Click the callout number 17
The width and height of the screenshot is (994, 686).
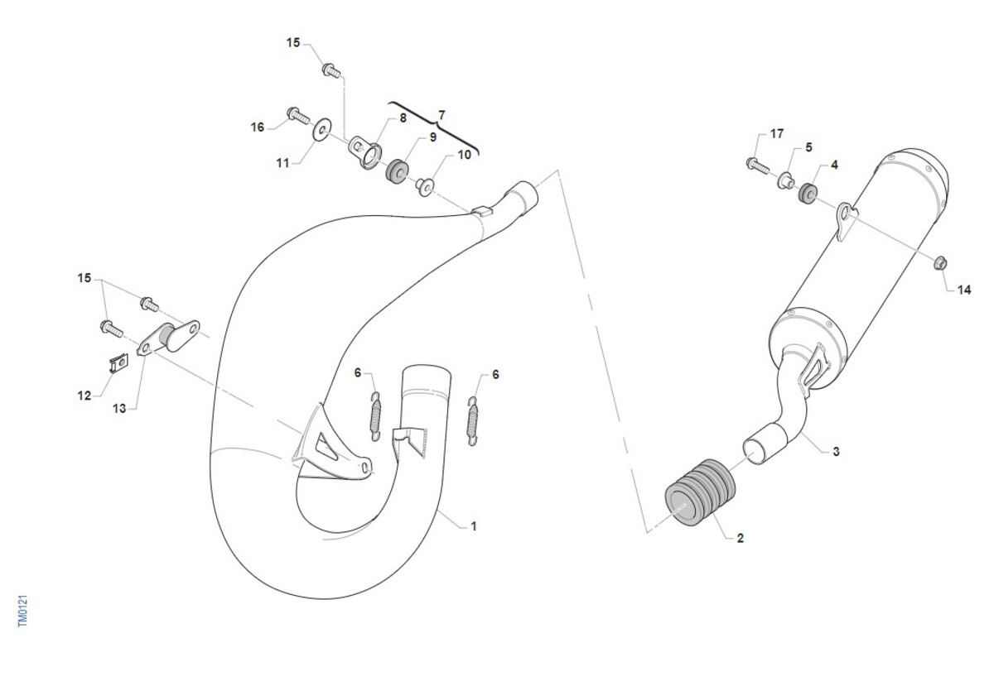(777, 133)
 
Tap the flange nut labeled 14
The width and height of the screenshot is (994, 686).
(940, 263)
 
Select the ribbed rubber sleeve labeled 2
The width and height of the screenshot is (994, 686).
(700, 492)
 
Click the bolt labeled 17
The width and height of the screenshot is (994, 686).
(757, 166)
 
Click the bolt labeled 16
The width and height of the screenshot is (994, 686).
(298, 115)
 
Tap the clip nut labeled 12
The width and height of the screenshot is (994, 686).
(118, 363)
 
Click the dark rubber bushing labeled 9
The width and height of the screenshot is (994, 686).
(397, 170)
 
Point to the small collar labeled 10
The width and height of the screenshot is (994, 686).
(425, 187)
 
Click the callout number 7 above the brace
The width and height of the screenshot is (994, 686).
(441, 115)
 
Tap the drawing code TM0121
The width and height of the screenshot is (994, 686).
(23, 611)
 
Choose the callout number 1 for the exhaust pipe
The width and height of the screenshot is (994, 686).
(474, 526)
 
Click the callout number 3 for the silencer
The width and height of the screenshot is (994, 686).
(836, 452)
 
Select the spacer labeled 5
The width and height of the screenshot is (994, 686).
(785, 180)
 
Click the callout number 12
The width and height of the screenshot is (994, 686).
(84, 396)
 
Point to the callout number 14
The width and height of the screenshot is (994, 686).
(964, 290)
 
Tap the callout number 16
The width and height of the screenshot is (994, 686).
(258, 127)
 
